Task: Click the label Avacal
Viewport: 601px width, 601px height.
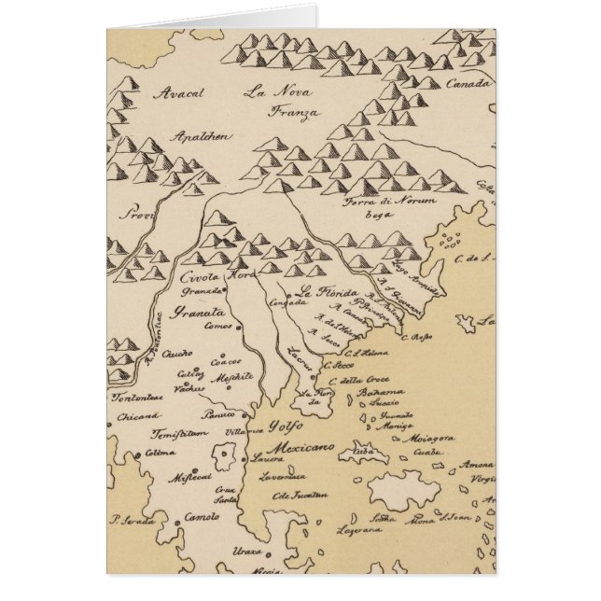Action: point(181,93)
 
